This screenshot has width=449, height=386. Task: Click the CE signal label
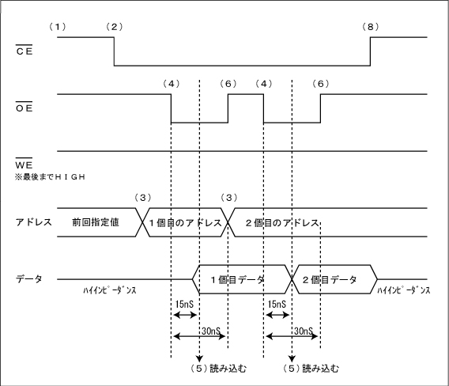tap(25, 51)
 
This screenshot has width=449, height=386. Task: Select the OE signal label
tap(25, 108)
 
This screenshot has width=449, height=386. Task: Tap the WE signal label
tap(24, 165)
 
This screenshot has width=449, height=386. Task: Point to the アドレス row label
tap(33, 222)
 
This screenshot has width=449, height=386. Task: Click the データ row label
tap(28, 278)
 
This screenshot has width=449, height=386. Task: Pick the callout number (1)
tap(58, 27)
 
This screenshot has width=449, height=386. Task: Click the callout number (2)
tap(115, 27)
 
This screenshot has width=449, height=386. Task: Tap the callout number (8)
tap(370, 27)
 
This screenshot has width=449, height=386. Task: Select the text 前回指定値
tap(96, 222)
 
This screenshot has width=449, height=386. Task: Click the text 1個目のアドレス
tap(185, 222)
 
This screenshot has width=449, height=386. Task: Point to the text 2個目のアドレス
tap(282, 222)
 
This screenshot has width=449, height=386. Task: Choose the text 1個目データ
tap(238, 279)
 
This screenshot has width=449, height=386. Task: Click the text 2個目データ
tap(330, 279)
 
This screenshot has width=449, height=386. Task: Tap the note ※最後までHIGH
tap(50, 177)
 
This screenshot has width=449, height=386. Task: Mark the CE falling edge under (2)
tap(115, 51)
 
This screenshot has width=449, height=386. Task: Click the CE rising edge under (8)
tap(370, 51)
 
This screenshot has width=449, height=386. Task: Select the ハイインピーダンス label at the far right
tap(404, 290)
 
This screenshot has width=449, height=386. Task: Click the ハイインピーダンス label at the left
tap(110, 290)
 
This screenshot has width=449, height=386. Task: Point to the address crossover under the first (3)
tap(142, 222)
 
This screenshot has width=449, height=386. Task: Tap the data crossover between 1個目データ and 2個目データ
tap(292, 279)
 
